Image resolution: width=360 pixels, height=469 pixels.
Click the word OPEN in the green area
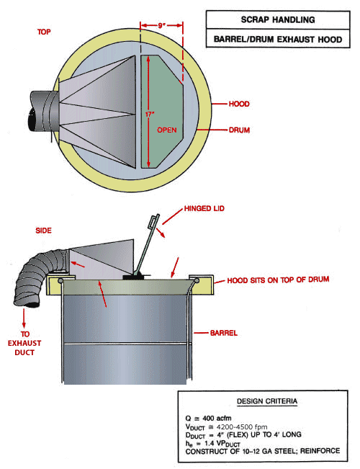tap(168, 130)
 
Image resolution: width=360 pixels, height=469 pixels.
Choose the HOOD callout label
tap(239, 104)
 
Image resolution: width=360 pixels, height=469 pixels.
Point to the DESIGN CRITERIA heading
tap(264, 401)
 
